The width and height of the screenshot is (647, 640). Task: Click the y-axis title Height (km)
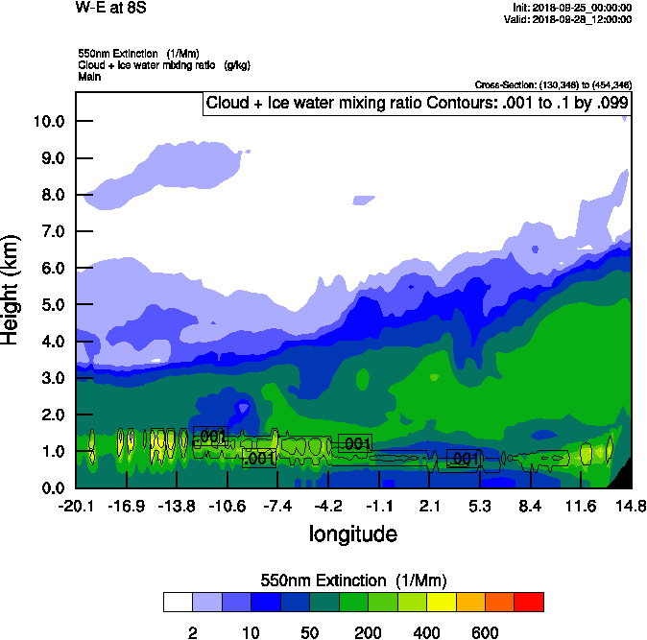pyautogui.click(x=12, y=289)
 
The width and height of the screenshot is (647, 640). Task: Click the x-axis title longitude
pyautogui.click(x=352, y=533)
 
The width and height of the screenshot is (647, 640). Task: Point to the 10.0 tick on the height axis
pyautogui.click(x=47, y=121)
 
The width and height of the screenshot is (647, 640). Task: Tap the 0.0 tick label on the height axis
pyautogui.click(x=51, y=487)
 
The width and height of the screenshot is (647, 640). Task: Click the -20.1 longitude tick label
pyautogui.click(x=76, y=506)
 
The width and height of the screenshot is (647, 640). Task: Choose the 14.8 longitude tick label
pyautogui.click(x=630, y=506)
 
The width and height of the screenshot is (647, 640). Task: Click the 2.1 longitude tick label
pyautogui.click(x=429, y=506)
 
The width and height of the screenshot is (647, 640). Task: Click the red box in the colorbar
pyautogui.click(x=529, y=603)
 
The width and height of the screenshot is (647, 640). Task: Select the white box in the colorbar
pyautogui.click(x=178, y=603)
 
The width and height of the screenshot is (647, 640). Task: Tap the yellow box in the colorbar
pyautogui.click(x=441, y=603)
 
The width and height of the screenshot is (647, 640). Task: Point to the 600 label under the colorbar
pyautogui.click(x=486, y=632)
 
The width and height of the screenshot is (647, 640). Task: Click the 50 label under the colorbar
pyautogui.click(x=310, y=632)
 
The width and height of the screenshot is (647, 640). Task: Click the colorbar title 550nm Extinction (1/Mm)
pyautogui.click(x=353, y=581)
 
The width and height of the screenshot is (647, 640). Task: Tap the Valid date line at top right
pyautogui.click(x=572, y=19)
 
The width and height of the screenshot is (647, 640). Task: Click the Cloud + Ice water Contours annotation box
pyautogui.click(x=417, y=104)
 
